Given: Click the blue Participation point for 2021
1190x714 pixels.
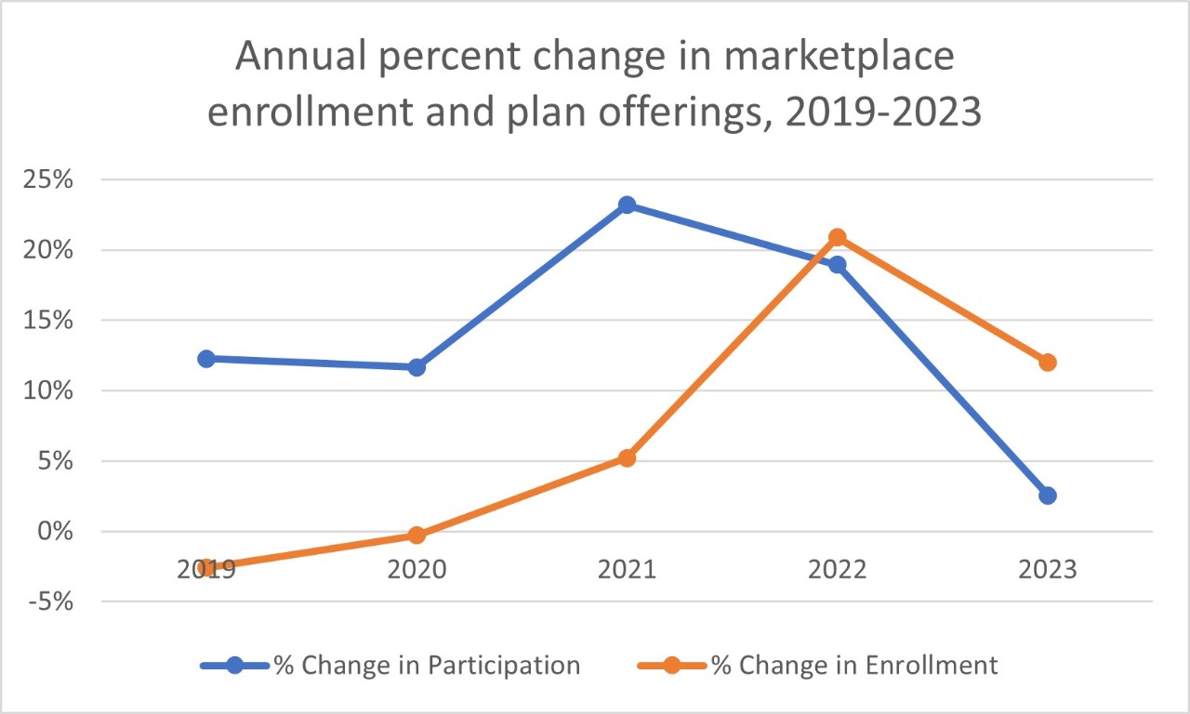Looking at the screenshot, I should coord(627,205).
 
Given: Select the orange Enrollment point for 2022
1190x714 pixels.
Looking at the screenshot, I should coord(837,237).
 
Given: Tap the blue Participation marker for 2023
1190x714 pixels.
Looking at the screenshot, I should coord(1048,496).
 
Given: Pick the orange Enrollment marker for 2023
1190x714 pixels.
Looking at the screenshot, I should coord(1048,363).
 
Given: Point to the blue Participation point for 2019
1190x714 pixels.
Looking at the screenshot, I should coord(206,359).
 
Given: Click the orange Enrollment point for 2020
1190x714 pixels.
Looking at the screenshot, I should coord(416,535).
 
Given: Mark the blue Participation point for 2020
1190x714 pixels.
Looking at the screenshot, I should coord(416,367).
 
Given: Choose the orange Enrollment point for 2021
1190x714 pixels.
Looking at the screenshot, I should coord(627,458).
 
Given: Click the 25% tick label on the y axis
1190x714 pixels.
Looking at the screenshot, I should coord(47,179).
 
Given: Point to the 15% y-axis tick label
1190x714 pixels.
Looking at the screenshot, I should coord(47,321).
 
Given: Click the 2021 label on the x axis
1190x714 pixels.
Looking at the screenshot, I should coord(627,568).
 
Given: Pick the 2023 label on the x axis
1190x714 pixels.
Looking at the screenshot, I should coord(1048,568).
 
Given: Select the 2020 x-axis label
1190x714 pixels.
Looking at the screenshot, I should coord(416,568).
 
